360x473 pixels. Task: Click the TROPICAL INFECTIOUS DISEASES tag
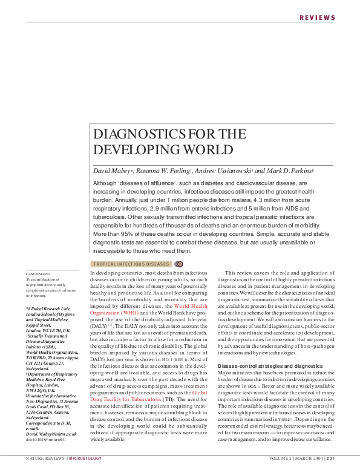[131, 264]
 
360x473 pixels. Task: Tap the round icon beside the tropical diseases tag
[178, 264]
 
